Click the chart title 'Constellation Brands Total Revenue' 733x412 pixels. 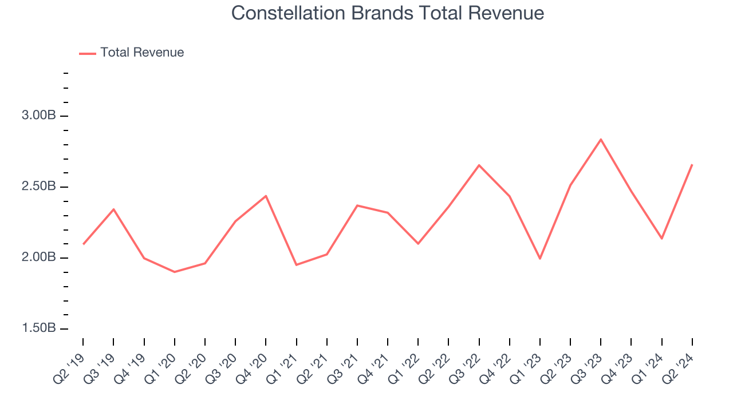tap(387, 13)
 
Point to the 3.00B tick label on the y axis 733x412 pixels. tap(39, 116)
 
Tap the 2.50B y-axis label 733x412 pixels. tap(39, 187)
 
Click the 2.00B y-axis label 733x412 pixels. tap(39, 258)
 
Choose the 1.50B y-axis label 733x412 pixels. tap(39, 329)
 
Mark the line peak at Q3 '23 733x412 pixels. tap(601, 139)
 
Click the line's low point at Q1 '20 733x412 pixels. tap(174, 272)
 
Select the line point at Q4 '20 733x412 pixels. tap(266, 196)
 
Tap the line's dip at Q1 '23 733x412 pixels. tap(540, 259)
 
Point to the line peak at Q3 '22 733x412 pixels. tap(479, 165)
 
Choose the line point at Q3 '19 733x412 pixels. tap(113, 209)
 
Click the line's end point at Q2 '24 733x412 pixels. tap(692, 165)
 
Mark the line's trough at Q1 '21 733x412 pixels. tap(296, 265)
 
